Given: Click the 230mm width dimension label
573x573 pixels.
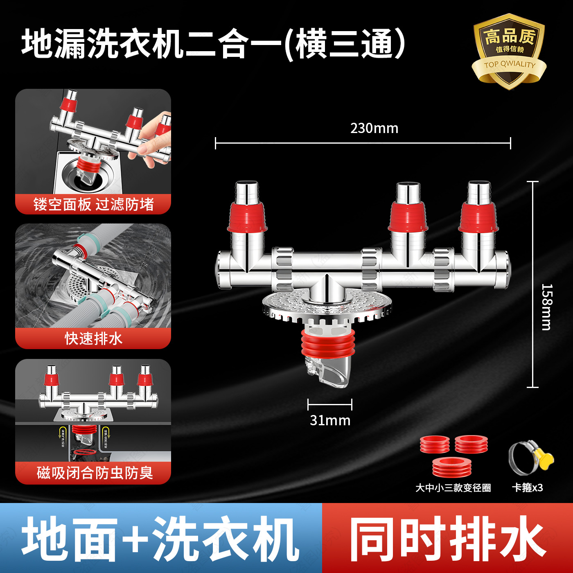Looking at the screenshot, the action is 374,129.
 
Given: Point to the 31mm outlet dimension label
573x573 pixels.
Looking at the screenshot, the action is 330,420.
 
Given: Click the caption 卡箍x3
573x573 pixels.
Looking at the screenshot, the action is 527,487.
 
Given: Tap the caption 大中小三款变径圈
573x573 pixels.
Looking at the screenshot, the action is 453,488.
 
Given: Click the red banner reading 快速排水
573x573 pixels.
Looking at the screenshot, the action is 93,338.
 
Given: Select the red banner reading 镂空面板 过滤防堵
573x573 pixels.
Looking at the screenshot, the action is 93,204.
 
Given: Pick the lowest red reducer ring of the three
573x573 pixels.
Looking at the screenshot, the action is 452,467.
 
